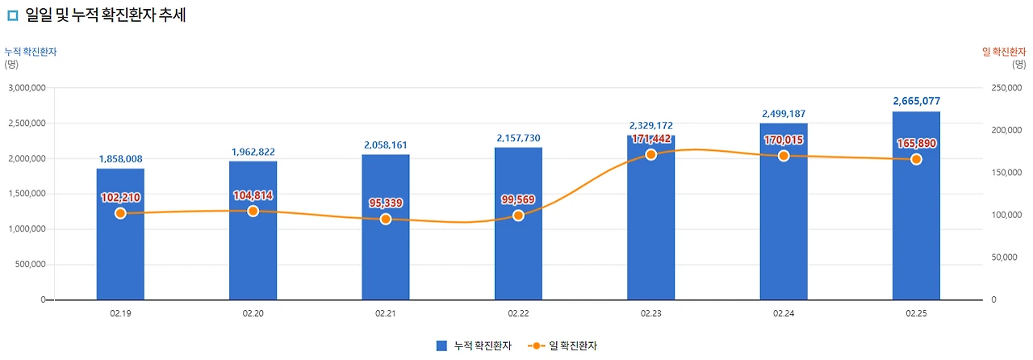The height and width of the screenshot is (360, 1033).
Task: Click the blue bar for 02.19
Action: pos(120,242)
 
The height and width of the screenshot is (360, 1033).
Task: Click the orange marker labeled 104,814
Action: pos(253,211)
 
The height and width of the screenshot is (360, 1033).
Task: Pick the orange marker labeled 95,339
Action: pos(386,219)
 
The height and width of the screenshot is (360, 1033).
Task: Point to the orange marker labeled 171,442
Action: pos(650,154)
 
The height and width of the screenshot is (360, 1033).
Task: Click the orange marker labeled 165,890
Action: pos(916,159)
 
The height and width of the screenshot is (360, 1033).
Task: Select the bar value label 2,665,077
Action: pos(916,101)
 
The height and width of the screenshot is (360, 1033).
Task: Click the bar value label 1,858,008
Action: pos(120,159)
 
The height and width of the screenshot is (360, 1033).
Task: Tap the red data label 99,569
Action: pos(518,199)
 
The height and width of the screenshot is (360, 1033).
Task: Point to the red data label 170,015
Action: pos(783,140)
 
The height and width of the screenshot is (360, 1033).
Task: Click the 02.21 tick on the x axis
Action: pos(386,312)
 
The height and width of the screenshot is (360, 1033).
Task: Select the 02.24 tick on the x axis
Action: pos(783,312)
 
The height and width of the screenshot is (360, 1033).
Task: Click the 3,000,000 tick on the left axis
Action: pos(27,87)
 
